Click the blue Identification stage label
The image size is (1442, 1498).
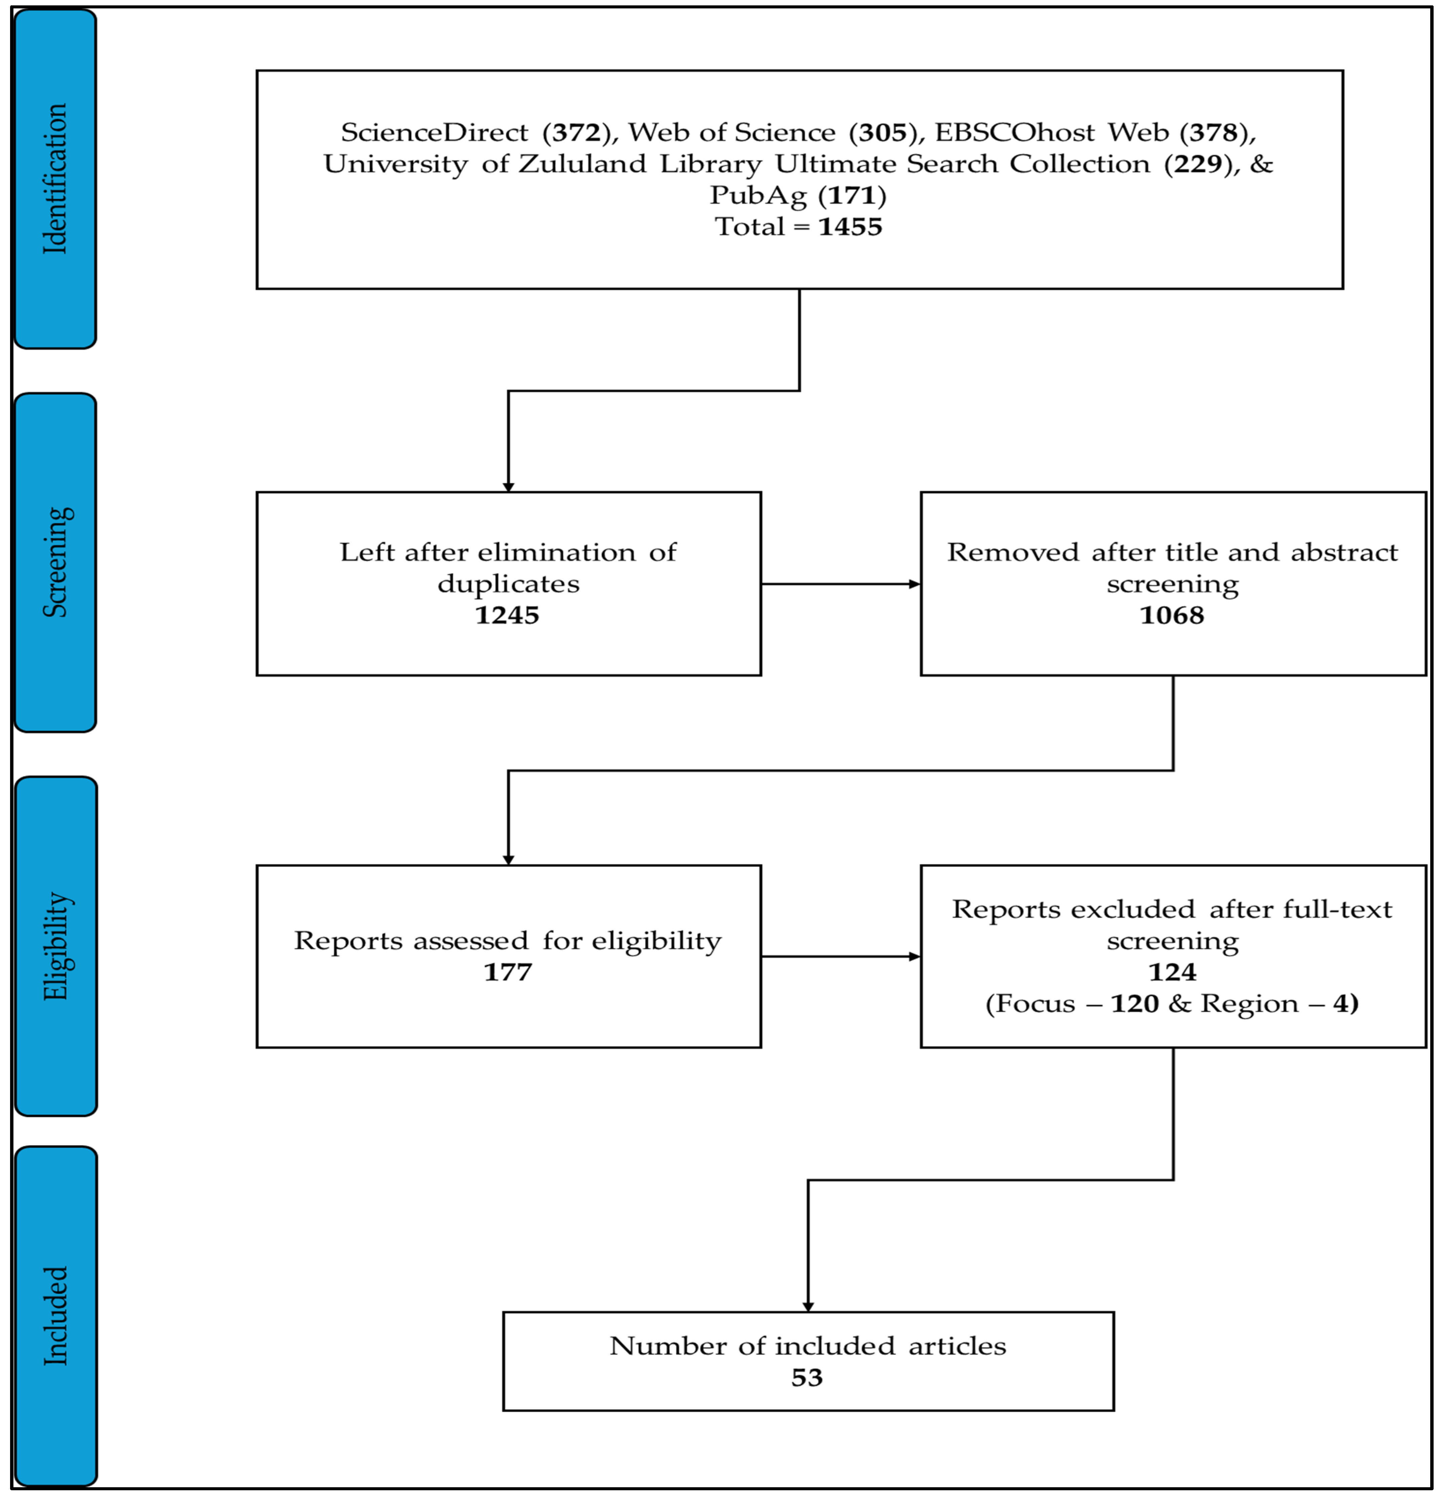pos(55,178)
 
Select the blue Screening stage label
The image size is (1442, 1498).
pos(55,563)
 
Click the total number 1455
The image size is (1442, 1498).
pos(850,227)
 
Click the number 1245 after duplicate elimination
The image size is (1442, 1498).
pos(508,615)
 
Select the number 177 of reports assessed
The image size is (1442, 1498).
pos(508,972)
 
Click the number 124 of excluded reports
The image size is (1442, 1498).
pos(1172,972)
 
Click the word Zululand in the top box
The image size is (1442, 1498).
pos(582,163)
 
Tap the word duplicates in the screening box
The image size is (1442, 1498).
pos(508,584)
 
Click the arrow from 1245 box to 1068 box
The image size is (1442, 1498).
pos(841,584)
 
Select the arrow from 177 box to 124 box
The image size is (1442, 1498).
pos(841,956)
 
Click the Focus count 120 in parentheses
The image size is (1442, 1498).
pos(1135,1003)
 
